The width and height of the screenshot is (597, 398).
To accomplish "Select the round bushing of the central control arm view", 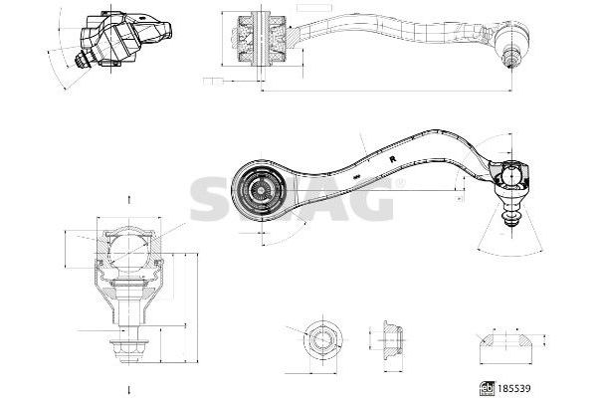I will (262, 188).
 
